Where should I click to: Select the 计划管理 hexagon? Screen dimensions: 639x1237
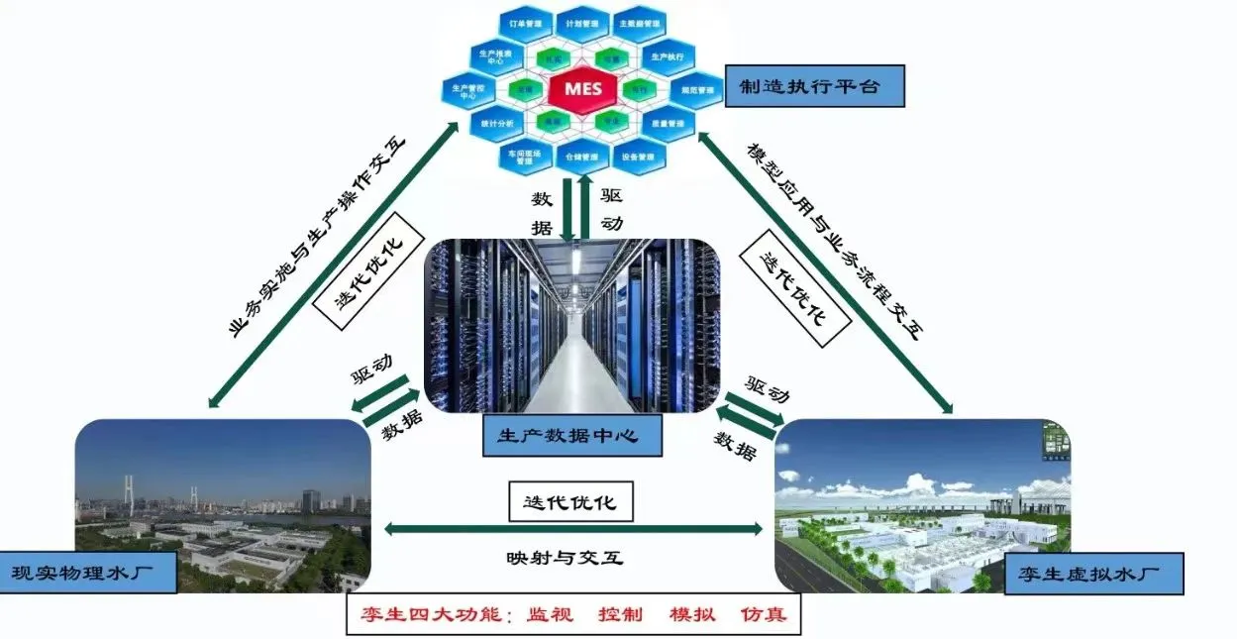coord(580,22)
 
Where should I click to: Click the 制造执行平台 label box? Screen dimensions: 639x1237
coord(815,87)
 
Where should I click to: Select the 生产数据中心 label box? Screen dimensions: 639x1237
coord(572,435)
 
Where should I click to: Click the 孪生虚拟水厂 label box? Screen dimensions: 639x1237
coord(1093,574)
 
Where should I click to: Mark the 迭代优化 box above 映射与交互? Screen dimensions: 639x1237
coord(569,501)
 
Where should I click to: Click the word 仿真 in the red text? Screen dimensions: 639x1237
coord(764,614)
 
